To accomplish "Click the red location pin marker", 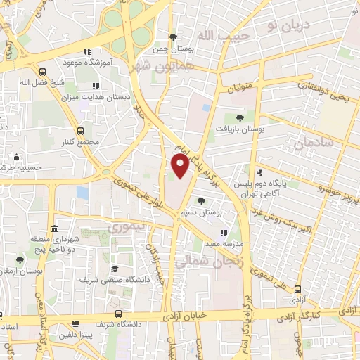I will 180,166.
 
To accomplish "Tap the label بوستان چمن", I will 172,50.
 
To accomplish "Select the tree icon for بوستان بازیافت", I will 240,117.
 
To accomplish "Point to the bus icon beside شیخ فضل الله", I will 43,71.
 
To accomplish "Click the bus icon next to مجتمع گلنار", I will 79,131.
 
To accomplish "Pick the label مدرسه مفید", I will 224,243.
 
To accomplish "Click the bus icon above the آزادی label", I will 298,289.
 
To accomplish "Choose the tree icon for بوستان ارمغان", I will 19,261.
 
